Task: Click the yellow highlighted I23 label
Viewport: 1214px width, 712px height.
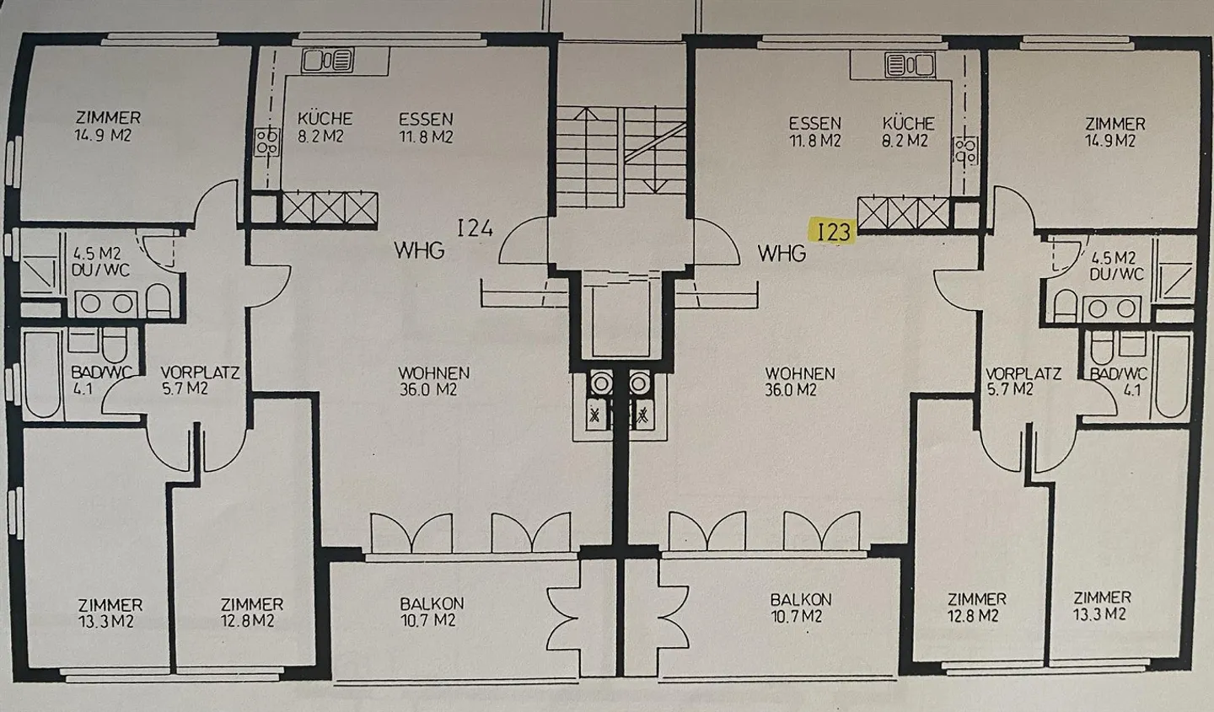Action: (832, 232)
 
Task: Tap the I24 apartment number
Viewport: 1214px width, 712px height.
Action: (475, 228)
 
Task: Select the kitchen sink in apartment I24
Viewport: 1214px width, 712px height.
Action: (328, 60)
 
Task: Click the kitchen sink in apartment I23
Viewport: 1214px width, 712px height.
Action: (910, 65)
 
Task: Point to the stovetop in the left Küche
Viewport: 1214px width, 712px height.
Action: (267, 142)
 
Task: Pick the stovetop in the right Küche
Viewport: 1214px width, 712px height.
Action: (965, 151)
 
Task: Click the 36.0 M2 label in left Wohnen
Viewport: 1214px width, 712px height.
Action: (428, 389)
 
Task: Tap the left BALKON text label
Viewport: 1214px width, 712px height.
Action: (432, 603)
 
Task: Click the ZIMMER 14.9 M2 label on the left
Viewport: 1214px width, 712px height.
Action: (108, 126)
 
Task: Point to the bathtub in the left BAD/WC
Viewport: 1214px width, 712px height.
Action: (41, 374)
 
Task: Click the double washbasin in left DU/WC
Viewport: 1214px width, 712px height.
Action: (107, 304)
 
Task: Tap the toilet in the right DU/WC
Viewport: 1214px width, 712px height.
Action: (1065, 306)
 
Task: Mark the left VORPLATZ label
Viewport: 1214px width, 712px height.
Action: (200, 372)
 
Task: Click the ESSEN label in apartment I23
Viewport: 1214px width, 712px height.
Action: (815, 124)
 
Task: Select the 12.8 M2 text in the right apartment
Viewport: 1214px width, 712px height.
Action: (973, 616)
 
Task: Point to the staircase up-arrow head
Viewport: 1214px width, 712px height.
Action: (585, 113)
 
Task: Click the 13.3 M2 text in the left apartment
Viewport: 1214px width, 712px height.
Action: (106, 622)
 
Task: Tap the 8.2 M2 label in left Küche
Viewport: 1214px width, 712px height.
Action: (320, 136)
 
